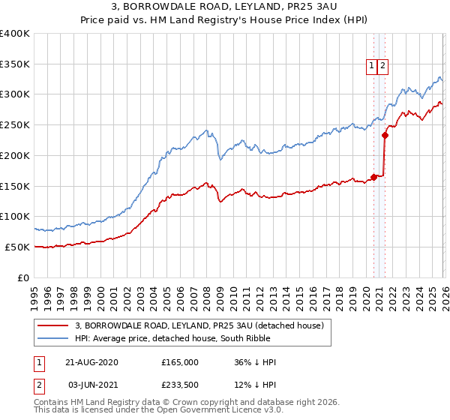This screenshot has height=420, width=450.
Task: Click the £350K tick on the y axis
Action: pos(15,64)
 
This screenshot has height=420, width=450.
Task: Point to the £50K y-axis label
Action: pos(17,247)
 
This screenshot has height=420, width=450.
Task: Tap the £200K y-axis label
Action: pos(15,155)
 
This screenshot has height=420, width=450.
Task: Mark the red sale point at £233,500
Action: pos(385,136)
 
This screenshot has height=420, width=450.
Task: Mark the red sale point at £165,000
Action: pos(373,177)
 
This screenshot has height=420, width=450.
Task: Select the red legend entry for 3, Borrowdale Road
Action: pos(199,325)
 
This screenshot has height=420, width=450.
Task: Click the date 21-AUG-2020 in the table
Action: pos(91,362)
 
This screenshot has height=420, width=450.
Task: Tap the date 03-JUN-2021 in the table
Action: pos(91,385)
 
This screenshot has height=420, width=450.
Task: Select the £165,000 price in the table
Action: pos(180,362)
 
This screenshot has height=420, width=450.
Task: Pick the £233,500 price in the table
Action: pos(180,385)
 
